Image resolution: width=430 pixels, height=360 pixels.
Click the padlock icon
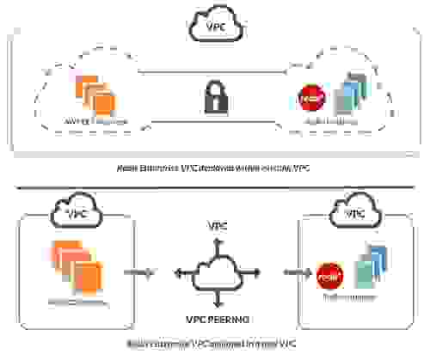point(212,97)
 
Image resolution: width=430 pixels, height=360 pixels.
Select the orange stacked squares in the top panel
point(94,94)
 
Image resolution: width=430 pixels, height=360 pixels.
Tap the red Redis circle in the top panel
point(307,98)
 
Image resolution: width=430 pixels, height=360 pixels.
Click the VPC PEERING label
point(218,317)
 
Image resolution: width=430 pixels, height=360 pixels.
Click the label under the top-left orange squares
point(96,122)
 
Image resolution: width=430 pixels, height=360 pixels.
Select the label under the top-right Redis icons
point(331,124)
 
